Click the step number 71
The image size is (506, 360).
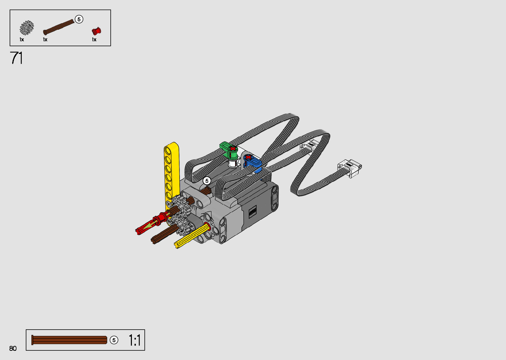point(16,58)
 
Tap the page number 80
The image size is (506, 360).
point(13,348)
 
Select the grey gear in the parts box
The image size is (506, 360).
point(27,28)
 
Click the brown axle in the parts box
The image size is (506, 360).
point(59,27)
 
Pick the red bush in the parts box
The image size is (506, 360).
point(97,31)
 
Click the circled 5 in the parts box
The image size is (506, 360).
point(79,20)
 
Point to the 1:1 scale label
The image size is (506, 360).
point(135,340)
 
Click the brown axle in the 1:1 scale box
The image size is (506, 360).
point(69,340)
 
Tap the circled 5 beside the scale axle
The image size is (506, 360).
point(114,340)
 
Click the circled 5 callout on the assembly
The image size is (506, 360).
point(207,181)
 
